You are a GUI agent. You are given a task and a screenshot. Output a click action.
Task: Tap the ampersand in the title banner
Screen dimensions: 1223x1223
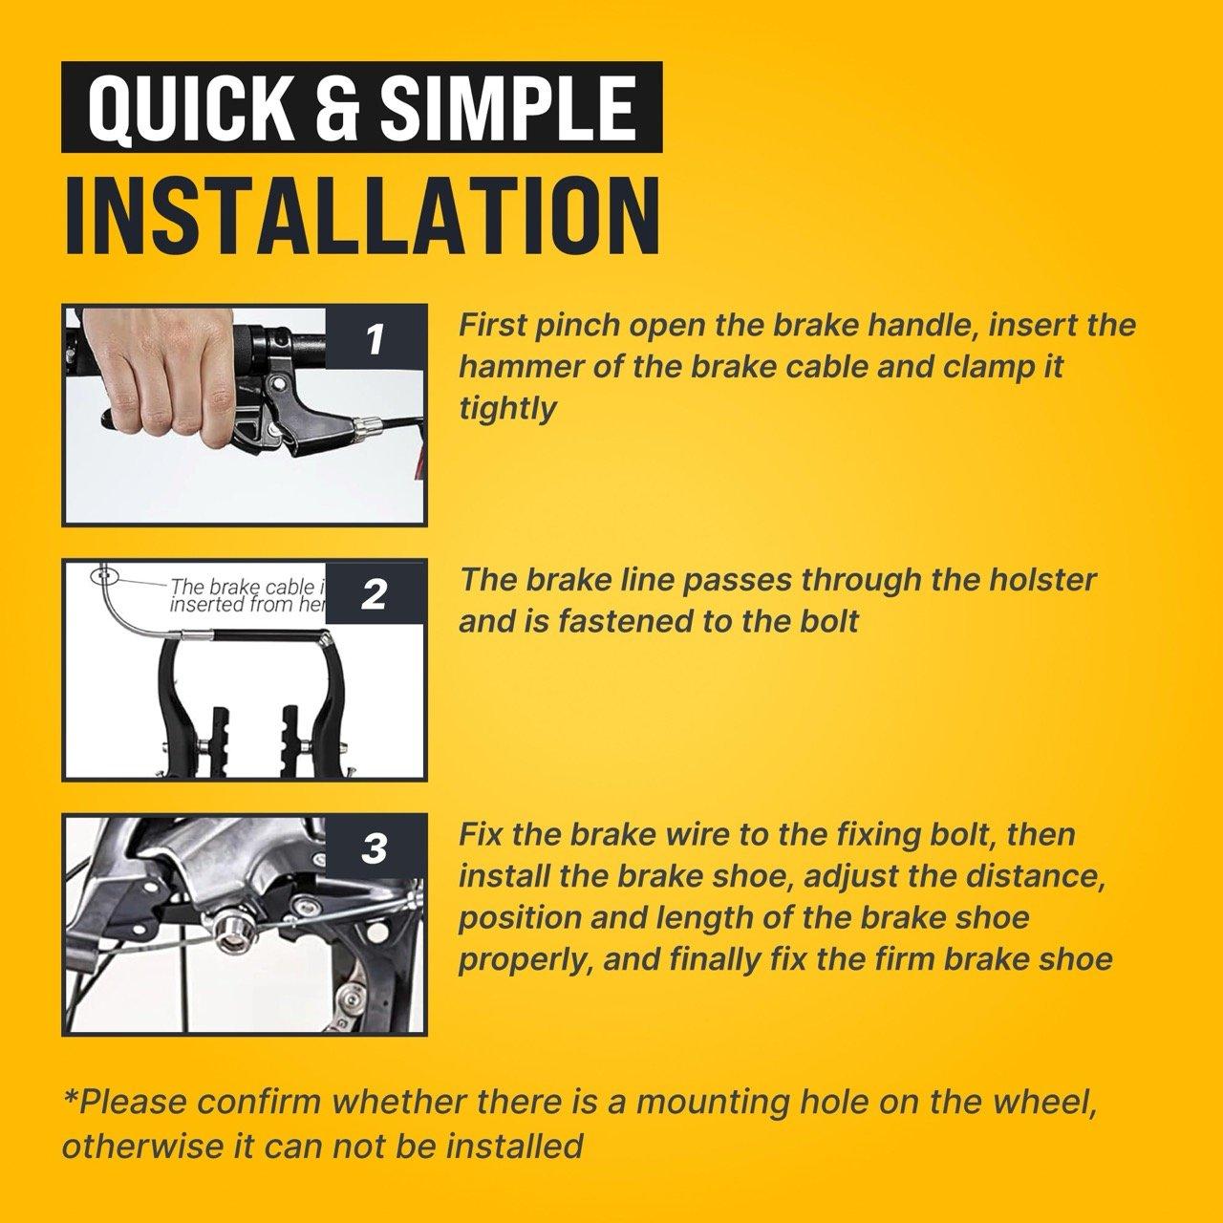(x=335, y=108)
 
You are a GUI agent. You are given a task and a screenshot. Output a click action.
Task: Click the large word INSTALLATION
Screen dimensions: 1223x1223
(x=362, y=217)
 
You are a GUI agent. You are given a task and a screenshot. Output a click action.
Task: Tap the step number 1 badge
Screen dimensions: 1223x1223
(x=375, y=339)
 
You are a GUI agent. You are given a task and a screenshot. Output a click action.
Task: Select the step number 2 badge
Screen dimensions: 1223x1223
(x=375, y=594)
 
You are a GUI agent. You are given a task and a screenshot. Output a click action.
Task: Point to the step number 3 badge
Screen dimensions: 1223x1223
(x=375, y=848)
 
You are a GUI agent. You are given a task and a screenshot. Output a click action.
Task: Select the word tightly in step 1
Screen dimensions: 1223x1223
(x=507, y=409)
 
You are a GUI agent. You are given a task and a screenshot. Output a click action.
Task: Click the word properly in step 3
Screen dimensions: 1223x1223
(x=526, y=961)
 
